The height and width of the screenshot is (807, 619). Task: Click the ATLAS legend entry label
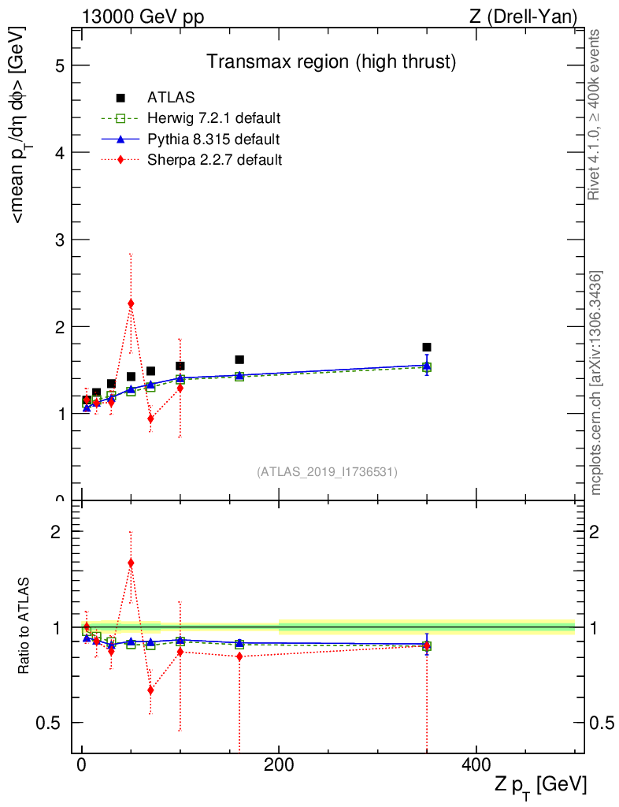click(171, 98)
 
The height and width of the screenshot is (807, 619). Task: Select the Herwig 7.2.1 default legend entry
click(213, 118)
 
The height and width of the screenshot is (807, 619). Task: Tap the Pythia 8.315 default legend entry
click(213, 139)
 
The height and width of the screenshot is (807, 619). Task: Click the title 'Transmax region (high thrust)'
click(332, 61)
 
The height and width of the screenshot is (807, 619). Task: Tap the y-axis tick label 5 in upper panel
click(60, 65)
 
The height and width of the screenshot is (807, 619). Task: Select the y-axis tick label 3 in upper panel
click(60, 240)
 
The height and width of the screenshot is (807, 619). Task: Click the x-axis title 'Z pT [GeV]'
click(540, 785)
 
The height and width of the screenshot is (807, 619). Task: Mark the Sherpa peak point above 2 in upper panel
click(131, 303)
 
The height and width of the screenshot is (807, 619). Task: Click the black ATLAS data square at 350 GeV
click(426, 347)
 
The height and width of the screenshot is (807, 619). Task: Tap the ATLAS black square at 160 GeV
click(239, 359)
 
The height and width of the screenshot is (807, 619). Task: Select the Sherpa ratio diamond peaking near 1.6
click(131, 563)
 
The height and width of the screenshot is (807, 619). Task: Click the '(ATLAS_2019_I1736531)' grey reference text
click(327, 472)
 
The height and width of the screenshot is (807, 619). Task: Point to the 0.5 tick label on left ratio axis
click(55, 723)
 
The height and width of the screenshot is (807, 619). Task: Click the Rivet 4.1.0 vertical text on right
click(595, 115)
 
